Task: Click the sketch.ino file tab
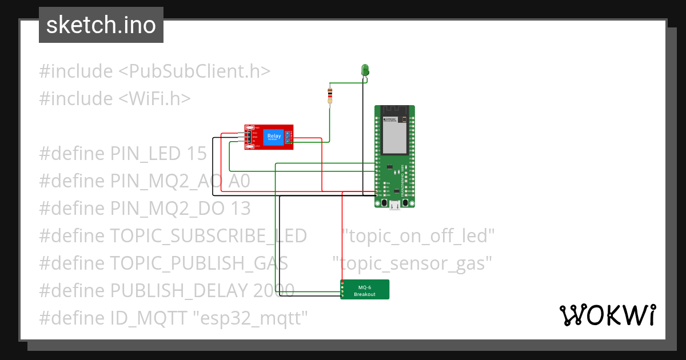101,25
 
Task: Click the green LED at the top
365,70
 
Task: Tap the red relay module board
269,137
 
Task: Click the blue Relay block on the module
273,136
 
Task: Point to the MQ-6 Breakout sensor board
365,290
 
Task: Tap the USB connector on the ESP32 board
394,204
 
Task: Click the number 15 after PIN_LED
196,153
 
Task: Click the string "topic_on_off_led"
418,235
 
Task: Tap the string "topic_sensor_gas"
413,263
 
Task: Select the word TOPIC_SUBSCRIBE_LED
208,235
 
